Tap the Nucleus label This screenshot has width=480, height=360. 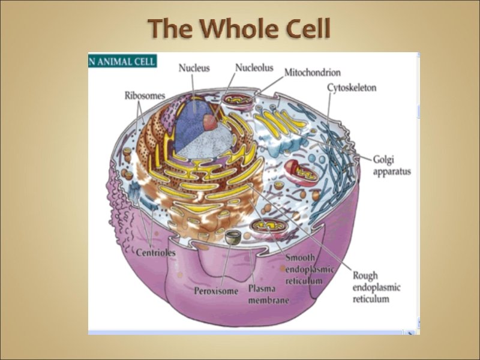[194, 68]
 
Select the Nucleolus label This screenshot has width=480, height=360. [255, 68]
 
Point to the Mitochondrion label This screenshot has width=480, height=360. [312, 73]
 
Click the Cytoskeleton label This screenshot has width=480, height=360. [352, 88]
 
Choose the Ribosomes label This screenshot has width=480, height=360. [145, 95]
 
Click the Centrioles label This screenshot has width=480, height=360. [156, 253]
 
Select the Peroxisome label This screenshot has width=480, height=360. [217, 292]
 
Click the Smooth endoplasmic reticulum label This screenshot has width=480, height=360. [309, 269]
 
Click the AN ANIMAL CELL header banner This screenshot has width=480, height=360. [122, 61]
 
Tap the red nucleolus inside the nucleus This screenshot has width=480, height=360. [210, 122]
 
